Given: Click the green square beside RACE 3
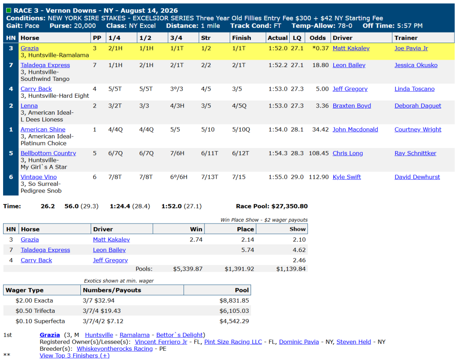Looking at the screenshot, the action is click(x=9, y=11).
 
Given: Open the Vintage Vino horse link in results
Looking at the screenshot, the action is click(x=39, y=177).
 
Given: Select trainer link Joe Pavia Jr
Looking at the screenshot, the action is click(x=411, y=48).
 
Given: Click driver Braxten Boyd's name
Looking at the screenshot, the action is click(x=352, y=106).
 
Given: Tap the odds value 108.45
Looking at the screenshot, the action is click(x=319, y=153).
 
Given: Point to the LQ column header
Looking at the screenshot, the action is click(x=297, y=38).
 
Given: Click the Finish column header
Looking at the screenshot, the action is click(x=241, y=38).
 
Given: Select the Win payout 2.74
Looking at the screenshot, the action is click(x=196, y=240).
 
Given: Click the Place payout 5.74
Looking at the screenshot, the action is click(x=247, y=250).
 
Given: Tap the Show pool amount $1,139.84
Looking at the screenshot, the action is click(x=291, y=269).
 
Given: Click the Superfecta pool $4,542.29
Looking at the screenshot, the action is click(x=234, y=321).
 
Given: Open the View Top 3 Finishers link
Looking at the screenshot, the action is click(x=75, y=356).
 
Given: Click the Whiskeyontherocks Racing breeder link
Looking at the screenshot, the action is click(x=115, y=349).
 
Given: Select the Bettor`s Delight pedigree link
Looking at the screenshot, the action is click(x=180, y=335).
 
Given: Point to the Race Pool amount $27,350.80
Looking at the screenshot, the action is click(x=289, y=206).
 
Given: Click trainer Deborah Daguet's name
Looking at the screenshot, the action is click(x=418, y=106).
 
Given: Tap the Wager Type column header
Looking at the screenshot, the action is click(x=24, y=290).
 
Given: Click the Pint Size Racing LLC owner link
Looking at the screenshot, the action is click(x=233, y=342).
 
